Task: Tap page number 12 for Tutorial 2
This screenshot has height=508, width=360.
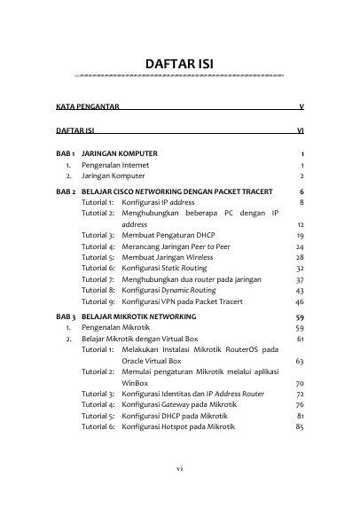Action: (301, 225)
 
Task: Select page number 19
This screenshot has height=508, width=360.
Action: (301, 237)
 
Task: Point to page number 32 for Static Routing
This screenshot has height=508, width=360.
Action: (301, 268)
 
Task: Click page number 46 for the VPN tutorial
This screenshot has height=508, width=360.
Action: (301, 301)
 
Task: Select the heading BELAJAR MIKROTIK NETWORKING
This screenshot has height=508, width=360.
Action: (141, 317)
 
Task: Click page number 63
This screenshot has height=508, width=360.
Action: (301, 361)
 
